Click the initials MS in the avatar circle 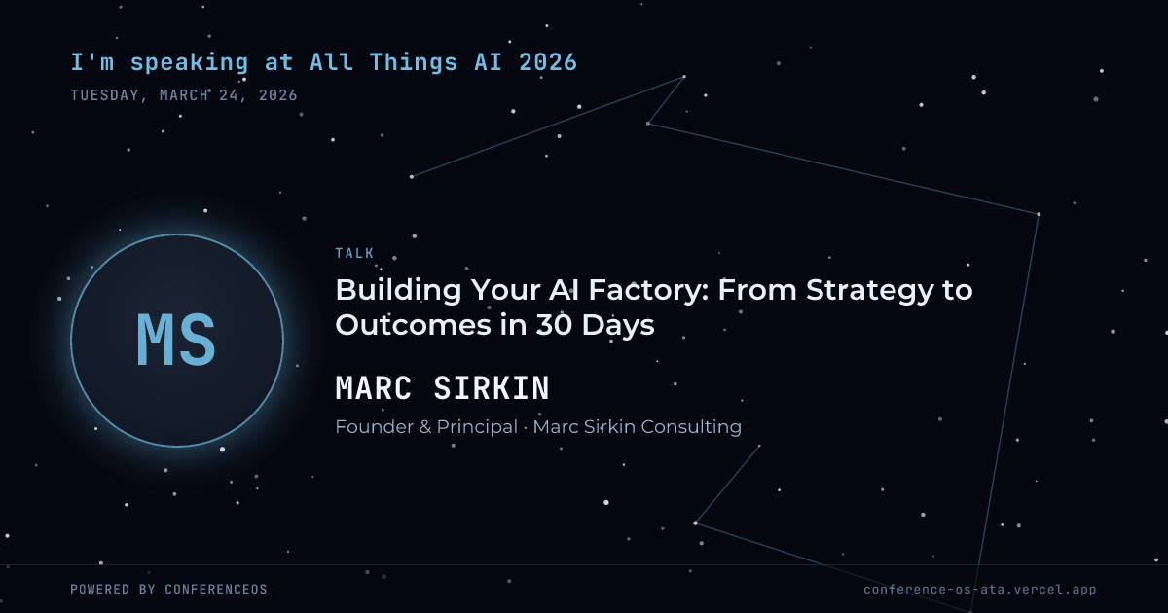[x=176, y=340]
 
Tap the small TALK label [x=354, y=253]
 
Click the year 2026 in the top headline [x=548, y=62]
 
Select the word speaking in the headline [x=189, y=63]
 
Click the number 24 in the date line [x=229, y=95]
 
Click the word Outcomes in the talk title [x=414, y=325]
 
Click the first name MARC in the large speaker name [x=374, y=388]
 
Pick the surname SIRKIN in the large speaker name [x=492, y=388]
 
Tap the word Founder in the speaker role [x=374, y=427]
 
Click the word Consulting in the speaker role [x=691, y=427]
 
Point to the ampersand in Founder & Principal [x=425, y=427]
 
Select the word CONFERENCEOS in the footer [x=216, y=589]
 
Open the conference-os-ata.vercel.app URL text [x=980, y=590]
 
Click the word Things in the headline [x=413, y=63]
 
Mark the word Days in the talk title [x=618, y=326]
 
